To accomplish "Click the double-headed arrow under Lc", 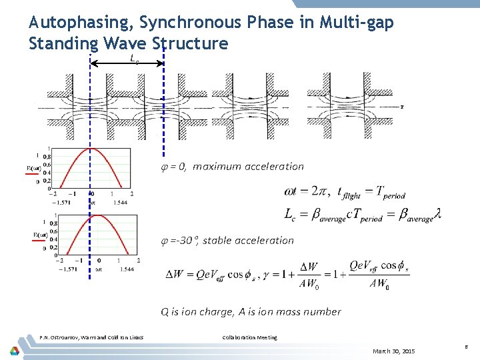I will tap(127, 64).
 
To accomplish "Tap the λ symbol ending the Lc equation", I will tap(437, 215).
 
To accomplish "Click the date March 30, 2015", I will tap(393, 351).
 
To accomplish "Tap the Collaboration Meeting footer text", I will tap(249, 337).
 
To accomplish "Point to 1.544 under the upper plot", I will tap(121, 201).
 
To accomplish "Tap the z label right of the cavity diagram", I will tap(401, 106).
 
